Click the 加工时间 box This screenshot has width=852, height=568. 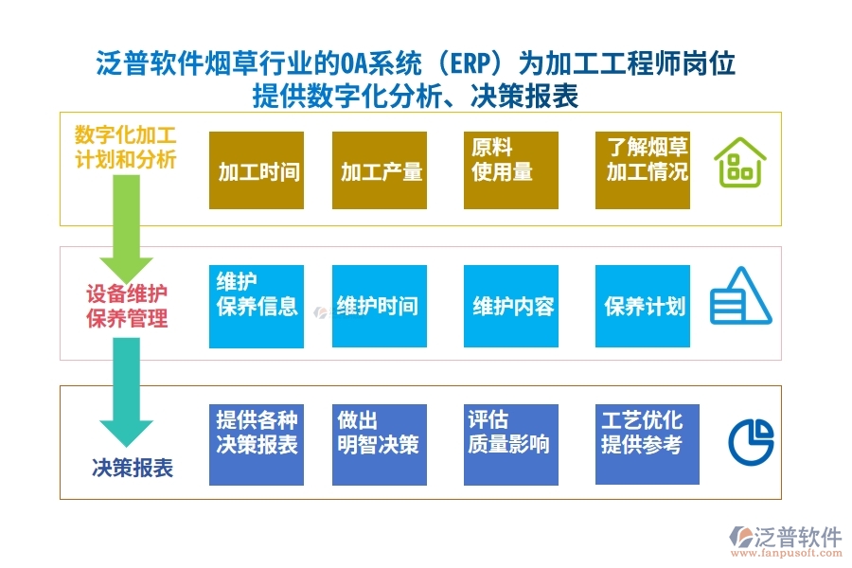[x=257, y=170]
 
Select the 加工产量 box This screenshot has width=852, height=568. [x=379, y=170]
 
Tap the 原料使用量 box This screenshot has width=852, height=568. [x=510, y=170]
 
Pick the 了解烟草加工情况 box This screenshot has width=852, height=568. [x=642, y=170]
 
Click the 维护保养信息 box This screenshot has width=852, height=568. [x=257, y=306]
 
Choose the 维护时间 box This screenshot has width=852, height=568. [x=379, y=306]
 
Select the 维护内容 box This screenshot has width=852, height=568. [x=510, y=306]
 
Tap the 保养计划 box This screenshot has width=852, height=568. [x=642, y=306]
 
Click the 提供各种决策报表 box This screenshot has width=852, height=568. [x=257, y=444]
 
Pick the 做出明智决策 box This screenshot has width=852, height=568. [x=379, y=444]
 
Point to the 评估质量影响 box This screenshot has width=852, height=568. [x=510, y=444]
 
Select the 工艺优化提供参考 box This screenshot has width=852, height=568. [x=642, y=444]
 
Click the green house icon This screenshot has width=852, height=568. [x=739, y=162]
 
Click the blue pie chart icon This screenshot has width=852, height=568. [x=751, y=440]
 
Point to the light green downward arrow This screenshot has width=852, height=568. [x=126, y=227]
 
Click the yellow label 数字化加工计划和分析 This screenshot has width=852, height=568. [x=126, y=146]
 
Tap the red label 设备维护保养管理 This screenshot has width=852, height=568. [x=127, y=305]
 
